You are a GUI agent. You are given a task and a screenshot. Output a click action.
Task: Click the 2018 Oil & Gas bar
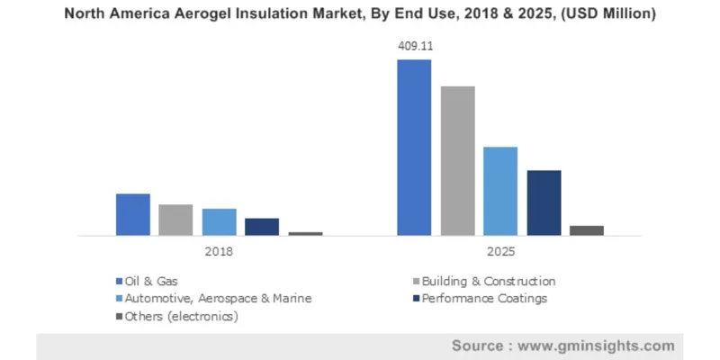pos(133,214)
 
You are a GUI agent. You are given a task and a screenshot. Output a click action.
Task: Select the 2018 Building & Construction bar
pos(175,220)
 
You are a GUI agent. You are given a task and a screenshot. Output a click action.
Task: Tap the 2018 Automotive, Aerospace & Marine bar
pos(219,221)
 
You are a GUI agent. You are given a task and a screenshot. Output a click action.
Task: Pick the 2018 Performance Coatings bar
pos(262,226)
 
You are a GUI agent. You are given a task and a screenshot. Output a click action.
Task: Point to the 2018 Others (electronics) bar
pos(305,233)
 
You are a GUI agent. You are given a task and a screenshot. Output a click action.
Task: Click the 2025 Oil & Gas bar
pos(415,148)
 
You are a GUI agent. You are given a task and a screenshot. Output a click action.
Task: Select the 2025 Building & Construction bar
pos(457,160)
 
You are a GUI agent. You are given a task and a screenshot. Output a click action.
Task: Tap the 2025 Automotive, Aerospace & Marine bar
pos(500,191)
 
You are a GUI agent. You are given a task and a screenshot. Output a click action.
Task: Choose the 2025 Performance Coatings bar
pos(544,202)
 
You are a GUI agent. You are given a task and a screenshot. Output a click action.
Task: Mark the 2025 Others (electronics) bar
pos(587,230)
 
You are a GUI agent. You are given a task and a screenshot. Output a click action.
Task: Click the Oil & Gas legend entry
pos(152,281)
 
